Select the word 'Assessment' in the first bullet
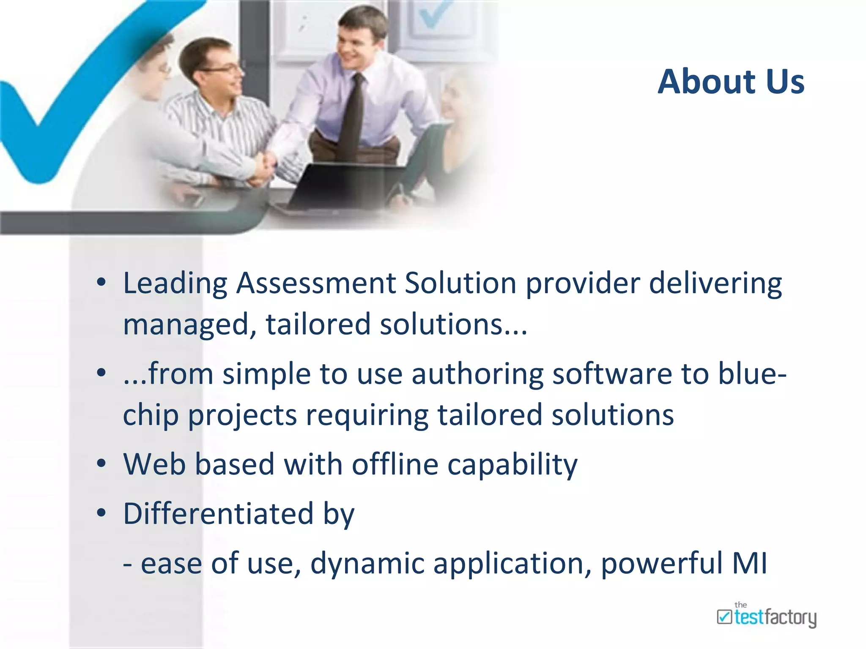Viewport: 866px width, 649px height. coord(315,283)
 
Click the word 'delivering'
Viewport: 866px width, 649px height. coord(715,283)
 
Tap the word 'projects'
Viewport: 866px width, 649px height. coord(242,415)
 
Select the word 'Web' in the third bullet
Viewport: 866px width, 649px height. coord(154,464)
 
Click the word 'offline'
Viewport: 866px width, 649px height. coord(395,464)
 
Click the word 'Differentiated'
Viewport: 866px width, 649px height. coord(218,514)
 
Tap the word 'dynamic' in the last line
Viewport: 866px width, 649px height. coord(367,564)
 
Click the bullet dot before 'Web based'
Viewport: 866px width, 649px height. coord(101,464)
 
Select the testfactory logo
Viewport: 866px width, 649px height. coord(766,616)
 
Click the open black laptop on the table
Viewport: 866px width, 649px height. coord(338,186)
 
